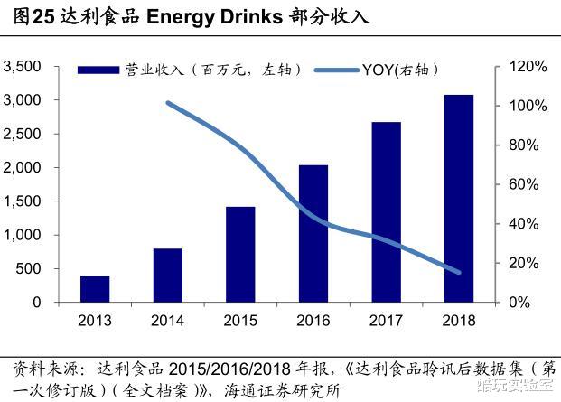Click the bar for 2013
point(95,289)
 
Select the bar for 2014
point(168,276)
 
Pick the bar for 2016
point(313,234)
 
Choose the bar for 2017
point(386,212)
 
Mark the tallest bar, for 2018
point(459,199)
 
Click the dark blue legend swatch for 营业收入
point(99,70)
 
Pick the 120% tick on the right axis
point(526,67)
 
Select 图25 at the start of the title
point(27,17)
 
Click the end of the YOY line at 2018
point(459,272)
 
